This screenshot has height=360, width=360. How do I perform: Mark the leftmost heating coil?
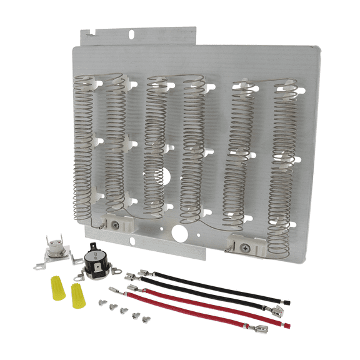click(84, 144)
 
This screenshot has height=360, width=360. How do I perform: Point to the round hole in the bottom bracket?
click(178, 232)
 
